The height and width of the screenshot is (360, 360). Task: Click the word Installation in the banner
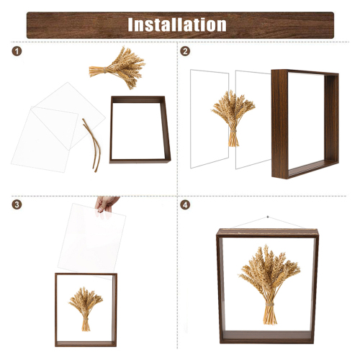click(177, 24)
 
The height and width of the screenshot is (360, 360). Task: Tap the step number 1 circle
click(17, 51)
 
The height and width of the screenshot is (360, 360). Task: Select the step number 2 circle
click(185, 51)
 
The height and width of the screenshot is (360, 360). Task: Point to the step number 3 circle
click(17, 204)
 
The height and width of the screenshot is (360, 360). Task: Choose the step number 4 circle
click(185, 204)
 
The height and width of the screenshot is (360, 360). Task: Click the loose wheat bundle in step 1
click(117, 68)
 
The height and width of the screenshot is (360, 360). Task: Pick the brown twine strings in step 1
click(93, 145)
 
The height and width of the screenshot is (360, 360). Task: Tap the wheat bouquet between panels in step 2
click(233, 117)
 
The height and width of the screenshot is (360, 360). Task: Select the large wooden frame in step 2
click(280, 125)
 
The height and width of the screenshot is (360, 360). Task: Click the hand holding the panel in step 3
click(106, 204)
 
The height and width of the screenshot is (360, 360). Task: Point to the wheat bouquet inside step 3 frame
click(86, 309)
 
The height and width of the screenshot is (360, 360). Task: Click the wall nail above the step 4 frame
click(268, 217)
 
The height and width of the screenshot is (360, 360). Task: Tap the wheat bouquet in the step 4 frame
click(270, 284)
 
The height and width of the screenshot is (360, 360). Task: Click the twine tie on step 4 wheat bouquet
click(270, 305)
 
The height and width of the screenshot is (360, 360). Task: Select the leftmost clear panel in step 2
click(210, 119)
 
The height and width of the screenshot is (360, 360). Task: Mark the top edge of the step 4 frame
click(267, 233)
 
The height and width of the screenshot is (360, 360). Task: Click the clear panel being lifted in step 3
click(91, 240)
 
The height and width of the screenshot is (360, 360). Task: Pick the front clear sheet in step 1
click(45, 139)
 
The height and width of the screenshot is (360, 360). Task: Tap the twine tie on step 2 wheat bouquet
click(233, 132)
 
